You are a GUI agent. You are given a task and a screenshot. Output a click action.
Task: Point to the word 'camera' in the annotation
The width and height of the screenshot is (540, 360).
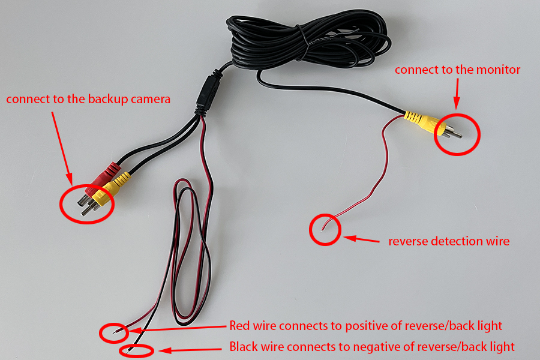coord(151,99)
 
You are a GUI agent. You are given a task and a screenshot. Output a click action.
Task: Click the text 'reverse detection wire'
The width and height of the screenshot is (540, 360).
coord(448,241)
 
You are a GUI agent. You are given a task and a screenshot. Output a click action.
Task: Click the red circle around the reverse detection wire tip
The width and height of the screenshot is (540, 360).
coord(325,229)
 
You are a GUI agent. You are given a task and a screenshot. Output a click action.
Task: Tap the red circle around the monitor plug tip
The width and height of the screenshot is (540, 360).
coord(458,133)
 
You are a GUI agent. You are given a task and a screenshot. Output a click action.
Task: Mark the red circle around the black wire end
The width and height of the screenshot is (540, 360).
coord(137,350)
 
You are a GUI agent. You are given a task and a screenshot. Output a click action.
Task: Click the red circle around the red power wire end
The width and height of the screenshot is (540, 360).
coord(114,331)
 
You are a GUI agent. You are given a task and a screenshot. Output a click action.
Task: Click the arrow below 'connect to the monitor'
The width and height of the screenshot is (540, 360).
coord(458,94)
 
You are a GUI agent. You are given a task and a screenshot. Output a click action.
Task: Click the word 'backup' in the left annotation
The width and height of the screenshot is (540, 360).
coord(114,99)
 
